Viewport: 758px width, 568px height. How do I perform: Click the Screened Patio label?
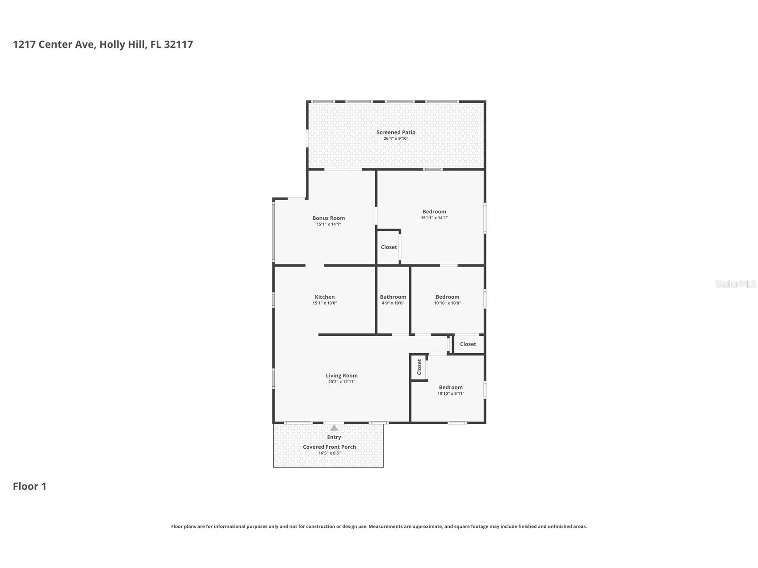pos(396,132)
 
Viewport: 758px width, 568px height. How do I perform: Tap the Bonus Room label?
pos(328,218)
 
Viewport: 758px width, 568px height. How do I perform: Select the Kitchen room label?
pos(325,297)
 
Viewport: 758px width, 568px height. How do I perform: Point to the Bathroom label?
pos(393,297)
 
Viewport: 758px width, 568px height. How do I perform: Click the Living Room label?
pos(342,376)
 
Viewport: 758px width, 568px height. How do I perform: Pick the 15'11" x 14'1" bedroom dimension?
pos(434,218)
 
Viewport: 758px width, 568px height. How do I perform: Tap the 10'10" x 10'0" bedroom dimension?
pos(448,303)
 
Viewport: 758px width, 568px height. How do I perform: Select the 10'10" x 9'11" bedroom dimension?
pos(451,394)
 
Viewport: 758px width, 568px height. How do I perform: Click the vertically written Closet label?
pos(419,367)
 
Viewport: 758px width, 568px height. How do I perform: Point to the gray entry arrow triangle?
pos(334,428)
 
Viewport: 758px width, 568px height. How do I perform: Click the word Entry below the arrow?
pos(334,437)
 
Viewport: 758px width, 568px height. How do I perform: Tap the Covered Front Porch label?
pos(329,447)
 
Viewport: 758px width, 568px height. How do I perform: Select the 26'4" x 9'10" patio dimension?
pos(396,138)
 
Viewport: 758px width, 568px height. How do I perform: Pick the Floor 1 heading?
pos(29,486)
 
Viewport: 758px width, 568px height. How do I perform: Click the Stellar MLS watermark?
pos(735,284)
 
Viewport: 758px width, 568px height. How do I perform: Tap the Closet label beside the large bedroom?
pos(389,247)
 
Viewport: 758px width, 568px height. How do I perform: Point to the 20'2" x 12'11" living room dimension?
pos(342,382)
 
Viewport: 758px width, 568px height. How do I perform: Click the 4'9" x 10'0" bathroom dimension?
pos(393,303)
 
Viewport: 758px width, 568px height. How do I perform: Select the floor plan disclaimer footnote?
pos(379,526)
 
